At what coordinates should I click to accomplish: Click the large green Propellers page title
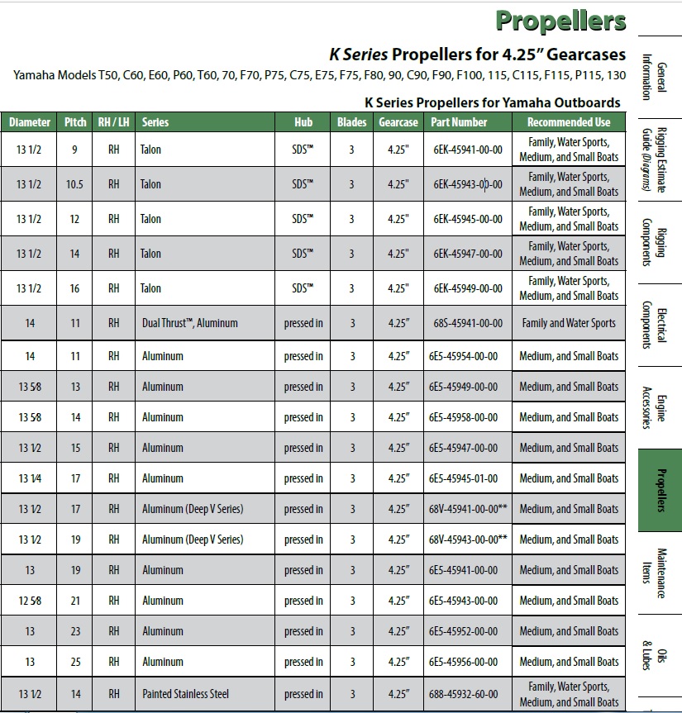point(560,21)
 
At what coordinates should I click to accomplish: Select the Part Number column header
point(459,121)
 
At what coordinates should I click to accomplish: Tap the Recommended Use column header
point(569,121)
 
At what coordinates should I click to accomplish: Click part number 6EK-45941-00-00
point(467,150)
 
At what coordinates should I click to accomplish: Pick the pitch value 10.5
point(75,184)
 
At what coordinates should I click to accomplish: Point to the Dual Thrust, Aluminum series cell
point(189,323)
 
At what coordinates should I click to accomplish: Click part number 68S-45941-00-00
point(467,323)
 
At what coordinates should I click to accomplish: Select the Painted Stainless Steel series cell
point(185,694)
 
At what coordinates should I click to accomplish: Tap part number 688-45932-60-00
point(467,694)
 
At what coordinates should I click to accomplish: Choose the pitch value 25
point(75,662)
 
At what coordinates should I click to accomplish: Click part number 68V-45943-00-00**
point(468,540)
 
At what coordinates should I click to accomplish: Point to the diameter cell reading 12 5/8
point(30,601)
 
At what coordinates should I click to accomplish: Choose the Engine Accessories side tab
point(660,408)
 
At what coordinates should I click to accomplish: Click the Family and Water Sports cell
point(569,323)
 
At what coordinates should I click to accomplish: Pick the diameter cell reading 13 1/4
point(30,478)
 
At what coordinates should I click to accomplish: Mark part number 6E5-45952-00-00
point(463,631)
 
